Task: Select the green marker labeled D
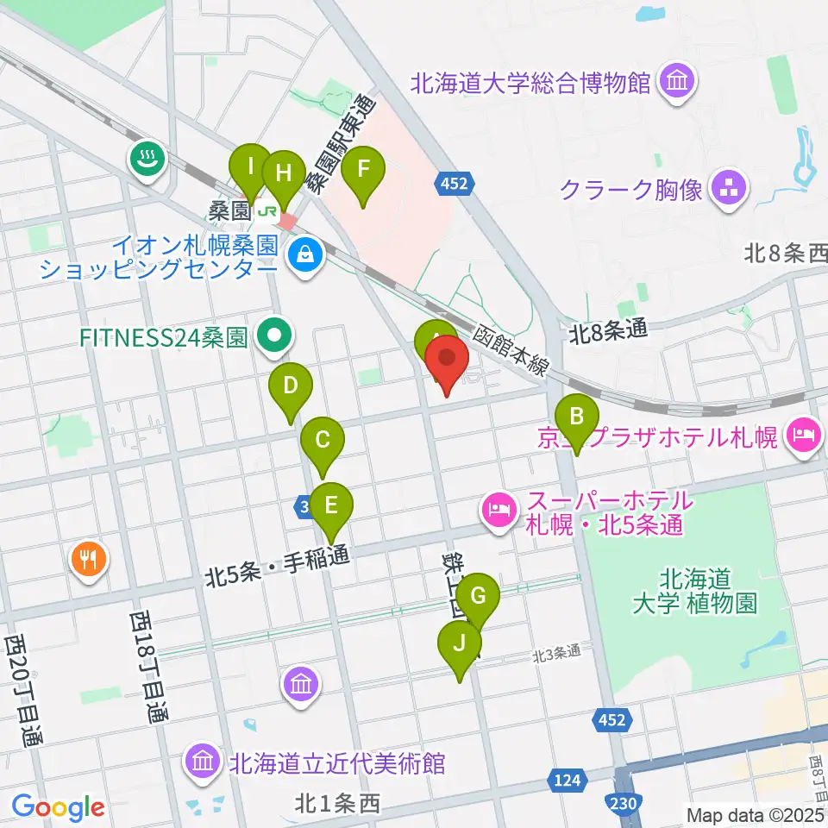click(x=291, y=386)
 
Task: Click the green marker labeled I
click(x=250, y=166)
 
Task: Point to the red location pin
click(x=447, y=360)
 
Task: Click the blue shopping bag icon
click(x=304, y=254)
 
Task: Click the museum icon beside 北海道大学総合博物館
click(x=674, y=83)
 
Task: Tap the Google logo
click(x=58, y=807)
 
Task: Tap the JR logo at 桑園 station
click(x=269, y=210)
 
